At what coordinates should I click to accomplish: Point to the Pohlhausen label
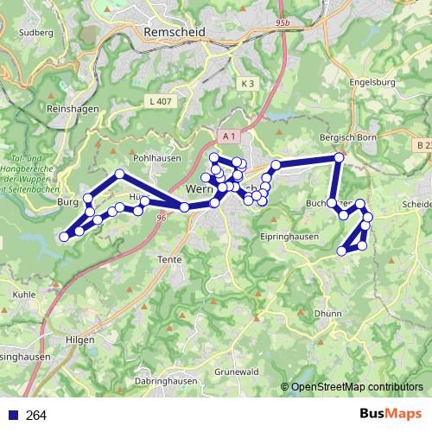(x=155, y=159)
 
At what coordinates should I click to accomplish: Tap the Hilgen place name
(x=79, y=340)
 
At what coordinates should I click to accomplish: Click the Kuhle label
(x=24, y=294)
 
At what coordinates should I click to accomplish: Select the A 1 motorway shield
(x=228, y=137)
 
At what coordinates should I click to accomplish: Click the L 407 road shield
(x=161, y=101)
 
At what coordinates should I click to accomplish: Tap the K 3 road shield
(x=248, y=83)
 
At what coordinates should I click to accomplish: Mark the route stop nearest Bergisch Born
(x=340, y=157)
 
